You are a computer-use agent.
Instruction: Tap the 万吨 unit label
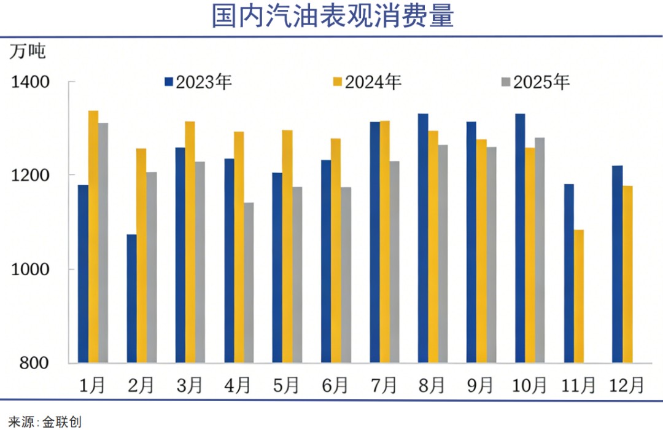(28, 52)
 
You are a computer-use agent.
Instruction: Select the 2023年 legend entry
(198, 82)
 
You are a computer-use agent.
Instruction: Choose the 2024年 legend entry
(367, 82)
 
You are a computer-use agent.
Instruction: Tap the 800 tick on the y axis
(34, 363)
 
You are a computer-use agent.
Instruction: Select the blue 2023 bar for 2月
(131, 299)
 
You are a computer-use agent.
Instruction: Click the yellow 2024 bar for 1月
(93, 237)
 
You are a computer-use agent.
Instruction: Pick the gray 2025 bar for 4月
(249, 283)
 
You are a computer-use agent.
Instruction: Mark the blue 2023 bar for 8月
(423, 238)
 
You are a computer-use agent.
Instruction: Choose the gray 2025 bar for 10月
(540, 250)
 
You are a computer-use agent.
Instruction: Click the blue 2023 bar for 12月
(618, 264)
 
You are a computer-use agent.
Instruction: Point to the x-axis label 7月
(384, 385)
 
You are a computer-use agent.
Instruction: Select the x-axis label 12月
(626, 385)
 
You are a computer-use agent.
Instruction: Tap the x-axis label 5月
(287, 385)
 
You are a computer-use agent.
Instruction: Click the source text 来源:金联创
(44, 422)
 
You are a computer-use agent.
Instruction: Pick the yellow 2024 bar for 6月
(336, 251)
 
